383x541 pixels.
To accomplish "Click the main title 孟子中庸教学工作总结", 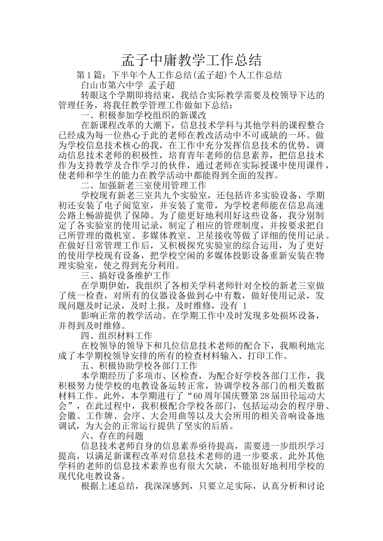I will tap(191, 60).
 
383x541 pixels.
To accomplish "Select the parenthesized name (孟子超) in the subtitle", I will tap(209, 75).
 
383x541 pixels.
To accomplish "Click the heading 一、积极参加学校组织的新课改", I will tap(144, 115).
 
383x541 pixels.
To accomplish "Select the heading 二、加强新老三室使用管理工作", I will tap(144, 185).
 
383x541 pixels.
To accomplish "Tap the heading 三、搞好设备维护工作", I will tap(125, 275).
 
